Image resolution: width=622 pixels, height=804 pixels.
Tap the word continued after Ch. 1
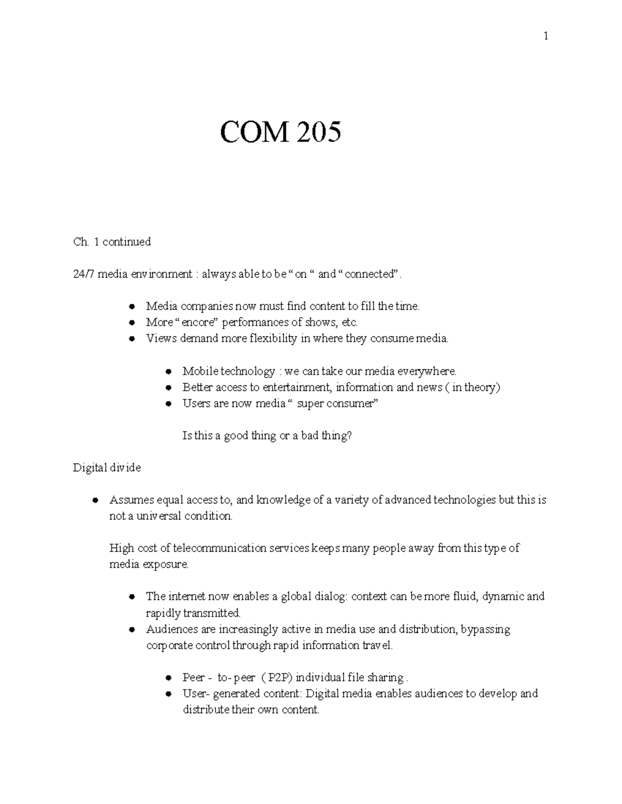tap(126, 242)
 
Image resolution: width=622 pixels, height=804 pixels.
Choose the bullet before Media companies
tap(132, 306)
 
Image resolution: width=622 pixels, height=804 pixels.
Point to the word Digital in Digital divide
tap(91, 468)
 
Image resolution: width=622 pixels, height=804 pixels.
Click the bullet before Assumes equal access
tap(95, 501)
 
